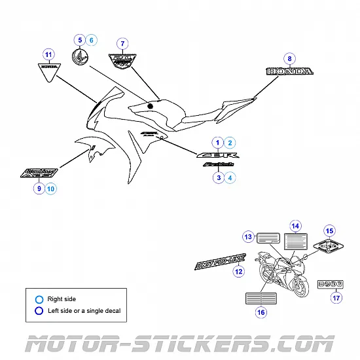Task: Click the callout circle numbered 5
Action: pyautogui.click(x=79, y=40)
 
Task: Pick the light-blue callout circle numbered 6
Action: pyautogui.click(x=92, y=40)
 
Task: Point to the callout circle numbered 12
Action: pyautogui.click(x=239, y=271)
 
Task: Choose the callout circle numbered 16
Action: pyautogui.click(x=261, y=313)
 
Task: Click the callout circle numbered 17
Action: pyautogui.click(x=336, y=298)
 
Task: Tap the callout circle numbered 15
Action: pyautogui.click(x=329, y=230)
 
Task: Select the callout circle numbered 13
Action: pyautogui.click(x=248, y=236)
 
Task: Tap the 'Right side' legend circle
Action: pyautogui.click(x=39, y=299)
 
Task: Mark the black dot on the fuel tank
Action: pyautogui.click(x=150, y=105)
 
